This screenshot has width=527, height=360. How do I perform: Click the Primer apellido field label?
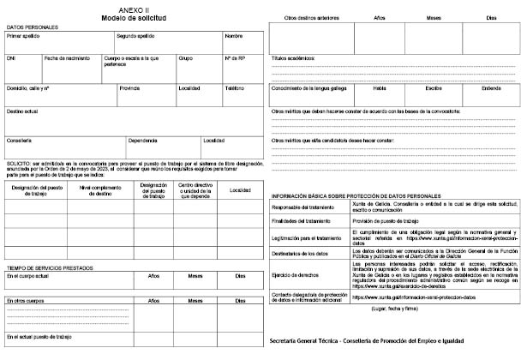[x=24, y=37]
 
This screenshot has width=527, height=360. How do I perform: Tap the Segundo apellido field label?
[x=135, y=37]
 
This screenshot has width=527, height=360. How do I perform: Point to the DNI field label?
[x=11, y=58]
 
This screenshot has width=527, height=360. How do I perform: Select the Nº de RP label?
[x=235, y=58]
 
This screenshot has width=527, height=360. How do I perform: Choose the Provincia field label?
[x=129, y=87]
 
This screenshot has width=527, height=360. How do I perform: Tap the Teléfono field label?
[x=234, y=87]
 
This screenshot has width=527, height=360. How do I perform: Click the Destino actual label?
[x=22, y=111]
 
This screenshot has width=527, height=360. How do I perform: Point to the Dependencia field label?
[x=143, y=140]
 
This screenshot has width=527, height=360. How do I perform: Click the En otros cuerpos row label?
[x=26, y=302]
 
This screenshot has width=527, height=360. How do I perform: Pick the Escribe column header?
[x=433, y=87]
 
